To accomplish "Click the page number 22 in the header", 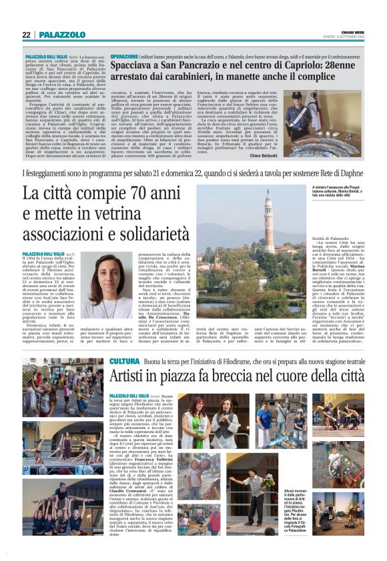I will click(x=26, y=35).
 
